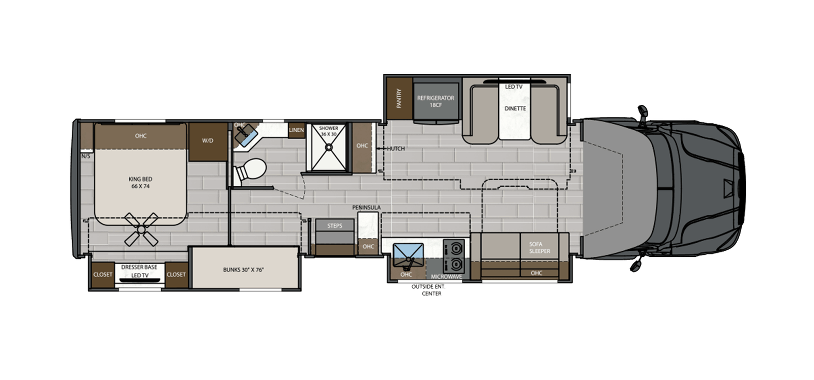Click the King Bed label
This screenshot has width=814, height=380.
[x=140, y=183]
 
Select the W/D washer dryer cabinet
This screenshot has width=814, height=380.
[x=208, y=141]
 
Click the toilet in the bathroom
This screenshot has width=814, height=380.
[x=251, y=170]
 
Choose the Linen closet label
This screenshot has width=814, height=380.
[x=296, y=130]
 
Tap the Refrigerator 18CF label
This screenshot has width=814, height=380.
[x=435, y=101]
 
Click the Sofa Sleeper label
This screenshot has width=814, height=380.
[x=539, y=248]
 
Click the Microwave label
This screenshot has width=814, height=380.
[x=446, y=277]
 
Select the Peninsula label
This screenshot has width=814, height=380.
[x=366, y=208]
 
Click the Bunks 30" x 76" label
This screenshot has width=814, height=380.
[x=243, y=270]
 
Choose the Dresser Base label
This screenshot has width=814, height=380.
[x=139, y=267]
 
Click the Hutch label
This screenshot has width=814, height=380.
[x=395, y=149]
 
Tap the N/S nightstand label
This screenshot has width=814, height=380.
[x=85, y=156]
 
